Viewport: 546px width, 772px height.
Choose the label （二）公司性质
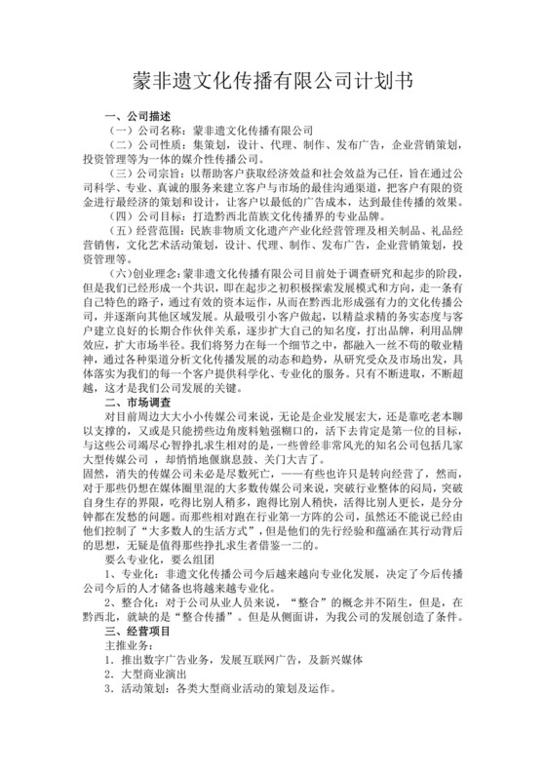click(147, 146)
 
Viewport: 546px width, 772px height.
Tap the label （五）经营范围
click(147, 231)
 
